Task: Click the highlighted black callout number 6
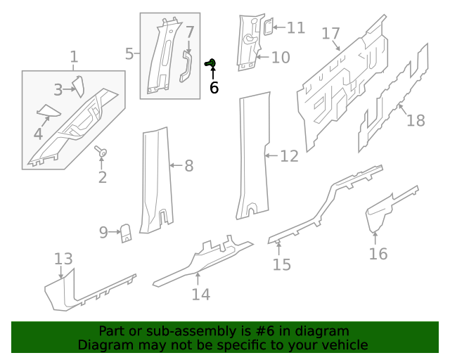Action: point(214,88)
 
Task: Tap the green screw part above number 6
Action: point(210,64)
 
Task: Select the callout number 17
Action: point(330,34)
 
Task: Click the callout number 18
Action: point(416,120)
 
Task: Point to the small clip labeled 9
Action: point(127,232)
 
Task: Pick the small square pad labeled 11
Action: point(267,27)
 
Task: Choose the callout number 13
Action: point(63,258)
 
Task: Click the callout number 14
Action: point(200,294)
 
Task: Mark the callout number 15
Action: point(281,264)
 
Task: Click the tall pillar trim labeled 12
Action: point(252,155)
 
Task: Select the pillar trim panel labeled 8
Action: point(155,179)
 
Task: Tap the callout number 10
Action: point(280,57)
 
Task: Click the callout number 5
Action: point(129,53)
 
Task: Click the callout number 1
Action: point(74,57)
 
